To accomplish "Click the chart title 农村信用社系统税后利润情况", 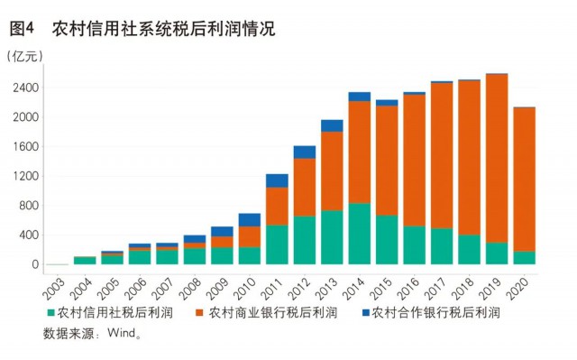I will point(162,29).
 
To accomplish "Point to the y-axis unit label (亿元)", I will point(24,56).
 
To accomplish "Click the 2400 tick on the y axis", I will point(24,88).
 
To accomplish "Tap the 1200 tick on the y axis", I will point(24,176).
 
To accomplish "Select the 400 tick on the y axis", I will point(27,235).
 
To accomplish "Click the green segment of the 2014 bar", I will point(360,234).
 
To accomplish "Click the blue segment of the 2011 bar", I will point(277,180).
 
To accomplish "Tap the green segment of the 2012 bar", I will point(305,240).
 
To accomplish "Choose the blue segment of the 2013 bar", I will point(332,125).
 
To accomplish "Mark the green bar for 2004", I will point(85,261).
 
